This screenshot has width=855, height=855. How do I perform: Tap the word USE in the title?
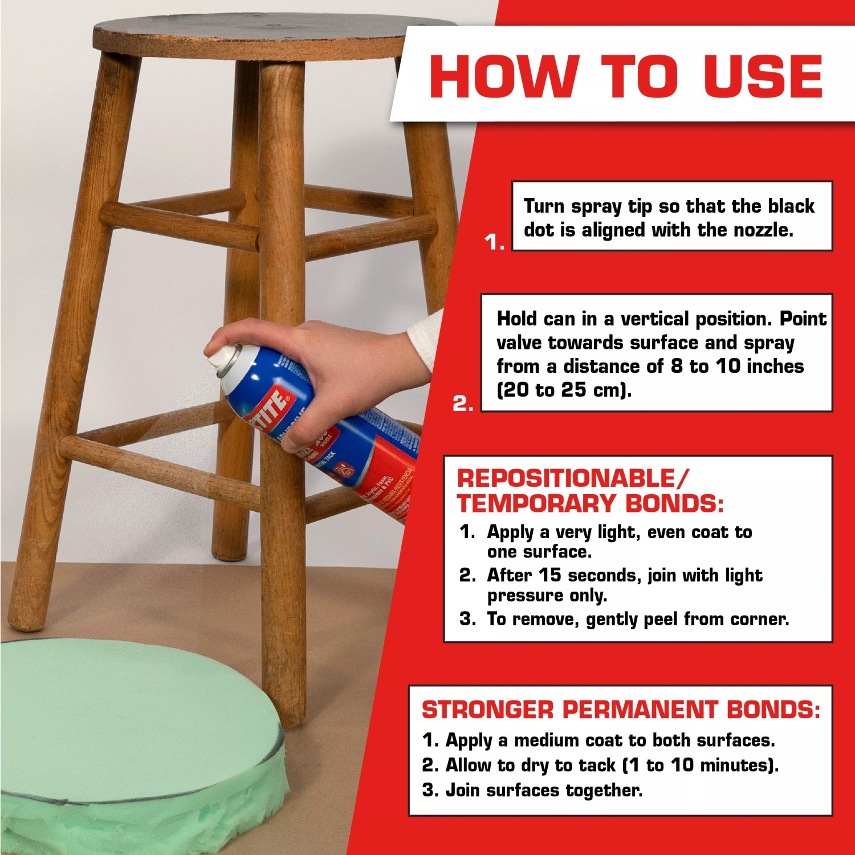tap(763, 76)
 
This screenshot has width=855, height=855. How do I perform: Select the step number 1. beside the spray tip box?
tap(494, 243)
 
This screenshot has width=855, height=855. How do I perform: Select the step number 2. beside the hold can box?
tap(462, 404)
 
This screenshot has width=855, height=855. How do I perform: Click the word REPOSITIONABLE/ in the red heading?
tap(572, 478)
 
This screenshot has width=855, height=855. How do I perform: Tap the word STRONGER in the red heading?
tap(487, 710)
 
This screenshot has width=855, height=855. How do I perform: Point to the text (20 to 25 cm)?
tap(564, 390)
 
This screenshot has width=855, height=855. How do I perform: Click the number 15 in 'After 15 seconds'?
tap(550, 575)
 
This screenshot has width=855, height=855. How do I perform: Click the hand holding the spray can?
tap(319, 365)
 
